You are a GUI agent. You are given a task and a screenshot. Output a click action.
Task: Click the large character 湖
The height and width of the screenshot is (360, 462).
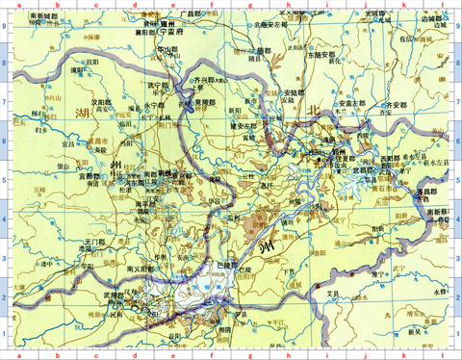point(81,115)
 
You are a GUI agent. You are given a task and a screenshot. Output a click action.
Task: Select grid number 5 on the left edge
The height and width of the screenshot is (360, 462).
point(5,179)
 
